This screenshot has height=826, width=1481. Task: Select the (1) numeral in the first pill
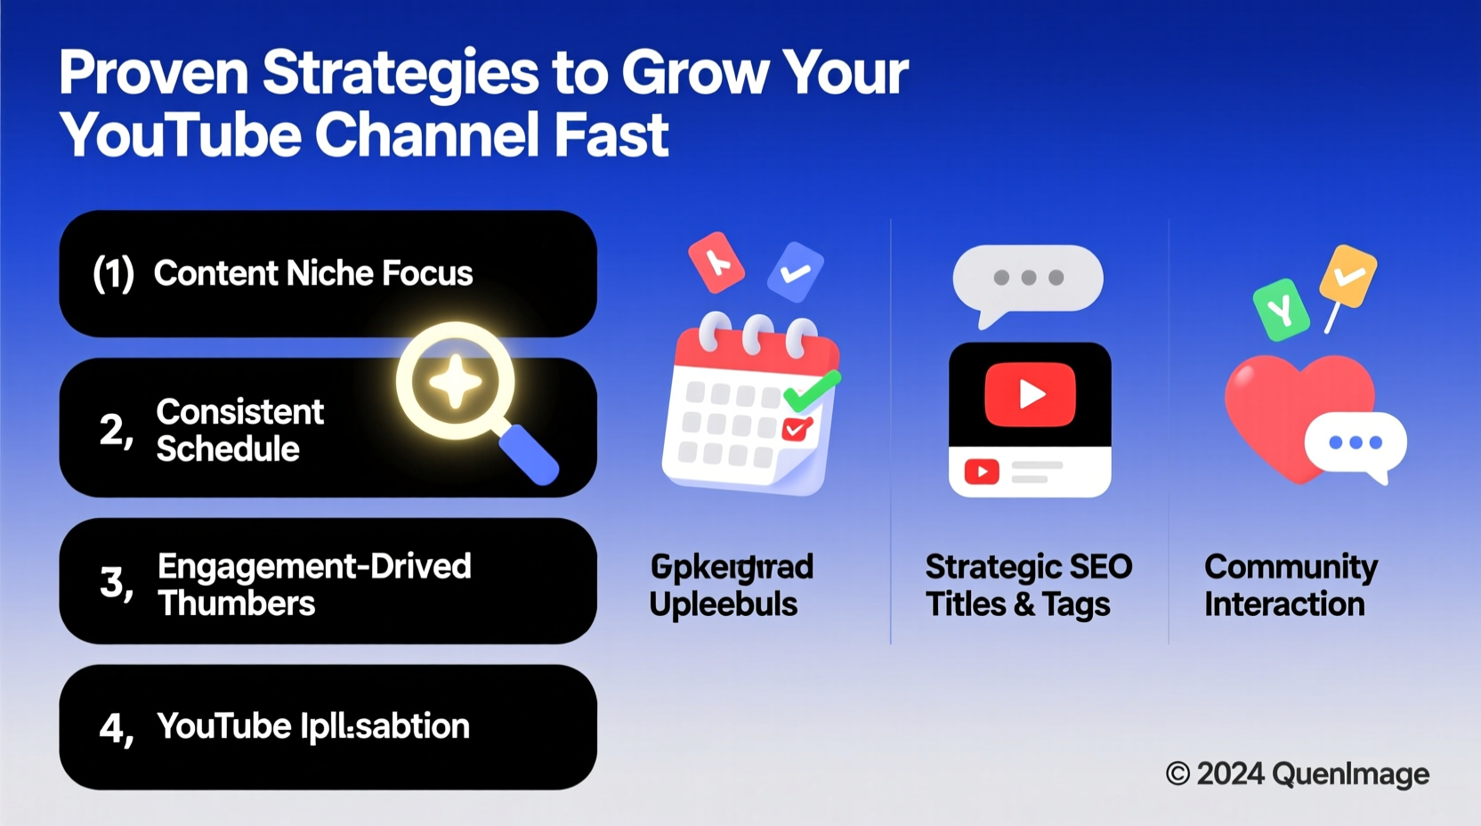(114, 273)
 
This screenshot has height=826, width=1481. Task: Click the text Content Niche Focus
(312, 273)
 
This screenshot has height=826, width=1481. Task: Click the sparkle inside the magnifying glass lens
(455, 382)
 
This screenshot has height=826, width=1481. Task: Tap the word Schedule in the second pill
(228, 449)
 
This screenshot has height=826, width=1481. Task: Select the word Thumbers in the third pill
(236, 603)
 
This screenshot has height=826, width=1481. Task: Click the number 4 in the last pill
(112, 728)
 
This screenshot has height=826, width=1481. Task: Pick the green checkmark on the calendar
(811, 391)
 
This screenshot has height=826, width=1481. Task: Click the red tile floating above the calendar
(716, 262)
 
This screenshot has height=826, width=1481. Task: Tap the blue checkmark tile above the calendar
(796, 271)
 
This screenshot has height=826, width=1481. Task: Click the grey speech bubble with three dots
(1028, 279)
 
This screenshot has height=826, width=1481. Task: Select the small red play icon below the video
(982, 471)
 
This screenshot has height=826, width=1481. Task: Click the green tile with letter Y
(1281, 310)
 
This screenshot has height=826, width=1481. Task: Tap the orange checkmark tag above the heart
(1348, 276)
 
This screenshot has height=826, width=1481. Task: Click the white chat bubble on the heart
(1356, 443)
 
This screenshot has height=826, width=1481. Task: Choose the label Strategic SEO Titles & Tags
(1028, 585)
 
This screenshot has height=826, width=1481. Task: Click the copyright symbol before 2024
(1178, 773)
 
